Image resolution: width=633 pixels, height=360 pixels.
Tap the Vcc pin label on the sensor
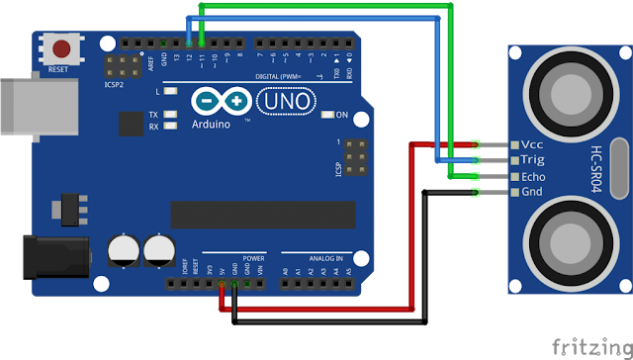coord(532,144)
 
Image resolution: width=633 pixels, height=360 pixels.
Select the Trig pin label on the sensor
coord(533,159)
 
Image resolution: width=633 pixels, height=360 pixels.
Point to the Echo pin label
coord(534,176)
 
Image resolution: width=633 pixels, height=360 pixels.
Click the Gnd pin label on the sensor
coord(532,192)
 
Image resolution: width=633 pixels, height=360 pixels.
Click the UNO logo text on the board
coord(285,101)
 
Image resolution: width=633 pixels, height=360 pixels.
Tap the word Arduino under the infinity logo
coord(213,125)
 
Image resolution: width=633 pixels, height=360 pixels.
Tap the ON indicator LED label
coord(342,116)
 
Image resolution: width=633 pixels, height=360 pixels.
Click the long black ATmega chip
coord(262,215)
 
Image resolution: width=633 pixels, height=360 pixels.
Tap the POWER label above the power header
coord(253,257)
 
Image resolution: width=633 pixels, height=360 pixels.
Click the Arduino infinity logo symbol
coord(221,101)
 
